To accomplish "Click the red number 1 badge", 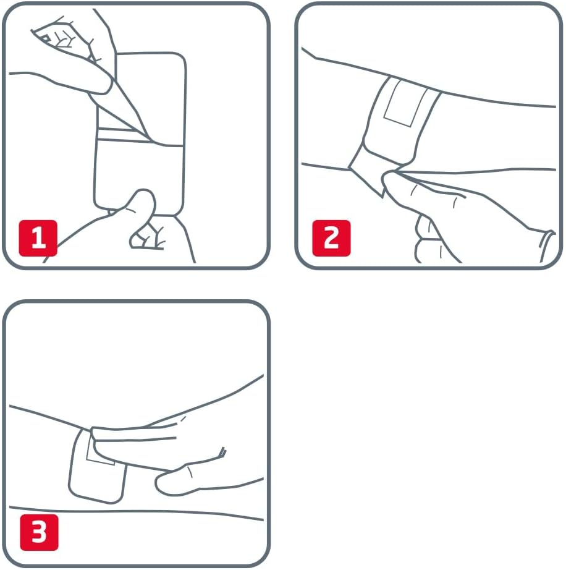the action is coord(38,238).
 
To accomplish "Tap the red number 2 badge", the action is coord(331,238).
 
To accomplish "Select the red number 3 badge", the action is coord(39,532).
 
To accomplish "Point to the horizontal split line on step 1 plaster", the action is coord(140,142).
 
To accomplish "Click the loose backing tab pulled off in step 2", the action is coord(367,174).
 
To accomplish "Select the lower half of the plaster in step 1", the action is coord(138,178).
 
